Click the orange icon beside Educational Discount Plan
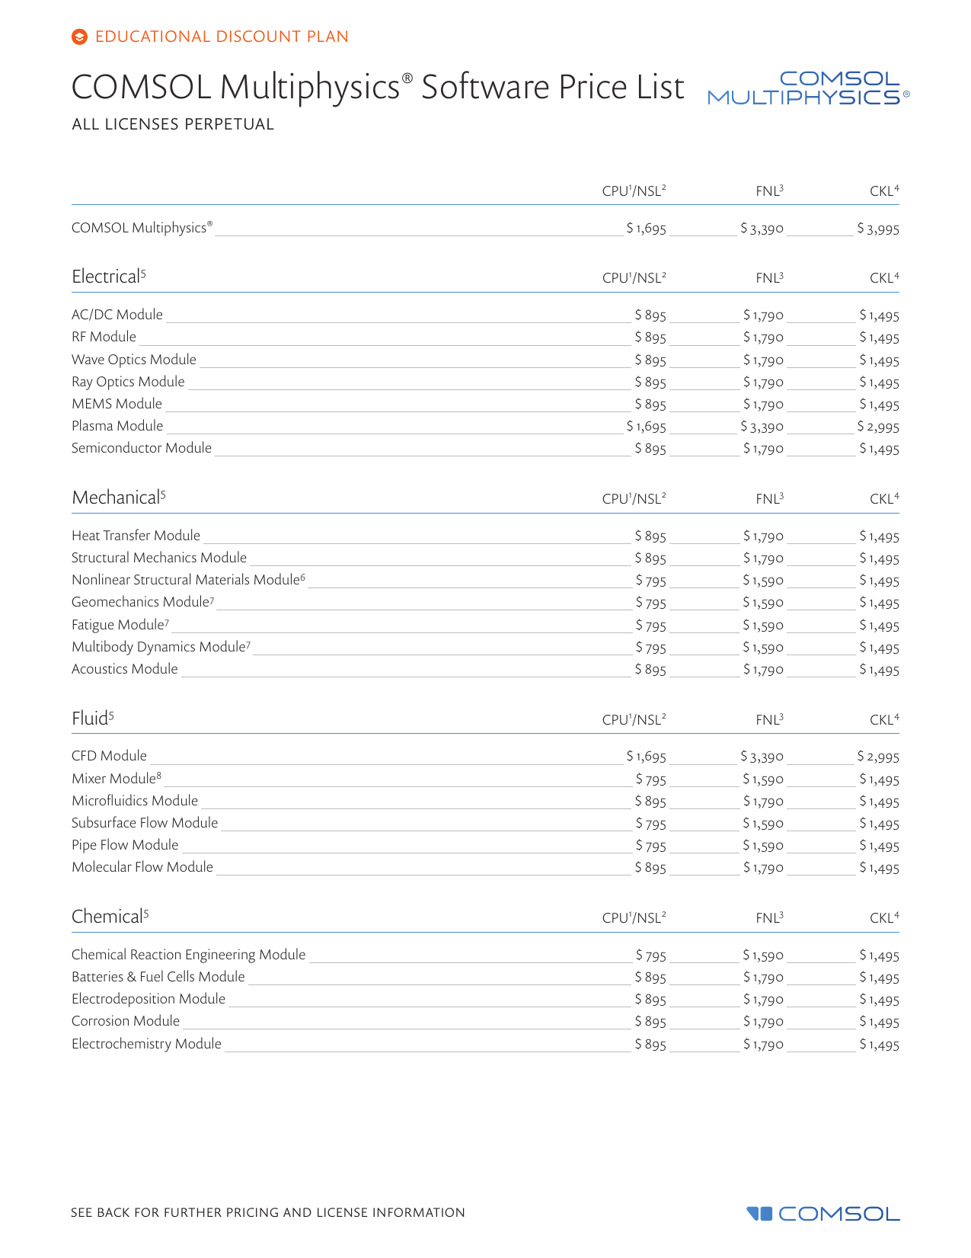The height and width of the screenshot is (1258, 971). click(79, 37)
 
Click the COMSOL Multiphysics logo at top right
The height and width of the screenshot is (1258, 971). click(807, 88)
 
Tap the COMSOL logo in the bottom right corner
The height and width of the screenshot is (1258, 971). click(823, 1213)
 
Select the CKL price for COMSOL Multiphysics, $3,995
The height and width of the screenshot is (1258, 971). click(878, 229)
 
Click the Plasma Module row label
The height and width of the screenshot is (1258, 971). click(117, 426)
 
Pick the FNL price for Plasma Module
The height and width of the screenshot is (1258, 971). click(762, 427)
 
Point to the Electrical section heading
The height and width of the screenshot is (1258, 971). click(107, 277)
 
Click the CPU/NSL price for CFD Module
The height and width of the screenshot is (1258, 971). click(647, 757)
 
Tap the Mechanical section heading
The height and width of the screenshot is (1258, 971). click(117, 498)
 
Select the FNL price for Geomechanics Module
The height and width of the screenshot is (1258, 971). click(763, 603)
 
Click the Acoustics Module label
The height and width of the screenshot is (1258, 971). click(125, 669)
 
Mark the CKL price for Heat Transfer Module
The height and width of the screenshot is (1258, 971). click(880, 536)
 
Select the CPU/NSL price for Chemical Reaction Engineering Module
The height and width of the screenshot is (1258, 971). click(651, 956)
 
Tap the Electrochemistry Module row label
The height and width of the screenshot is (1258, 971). click(146, 1044)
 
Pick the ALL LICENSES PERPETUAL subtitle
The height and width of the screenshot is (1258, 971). click(173, 124)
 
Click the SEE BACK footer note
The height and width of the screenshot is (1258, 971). click(267, 1212)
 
